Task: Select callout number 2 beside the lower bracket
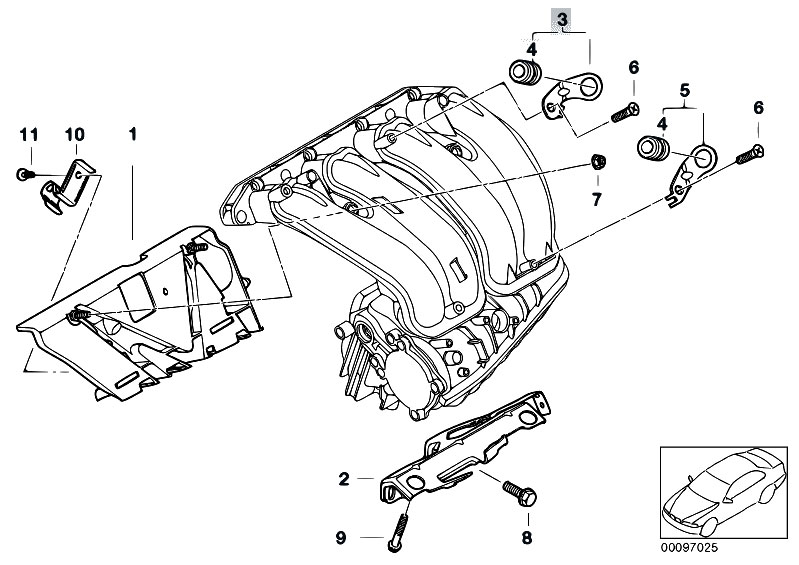(343, 480)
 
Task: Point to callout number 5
(685, 92)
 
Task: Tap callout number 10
(74, 133)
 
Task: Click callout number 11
(28, 133)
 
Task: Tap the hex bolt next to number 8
(520, 493)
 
